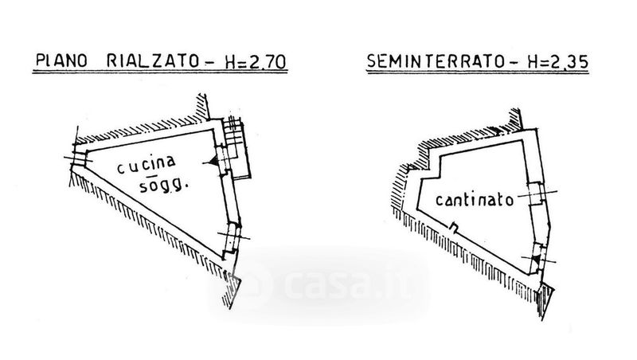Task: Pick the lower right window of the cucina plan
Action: click(x=230, y=237)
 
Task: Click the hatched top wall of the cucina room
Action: click(x=143, y=126)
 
